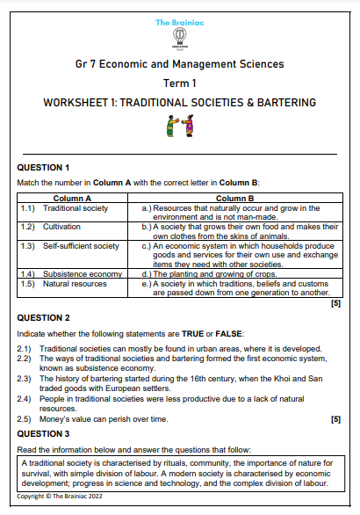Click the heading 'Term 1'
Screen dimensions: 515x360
point(180,83)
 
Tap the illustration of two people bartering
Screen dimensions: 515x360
point(179,127)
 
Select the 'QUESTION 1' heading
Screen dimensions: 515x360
point(44,167)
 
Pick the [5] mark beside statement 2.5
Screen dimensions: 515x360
point(335,419)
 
